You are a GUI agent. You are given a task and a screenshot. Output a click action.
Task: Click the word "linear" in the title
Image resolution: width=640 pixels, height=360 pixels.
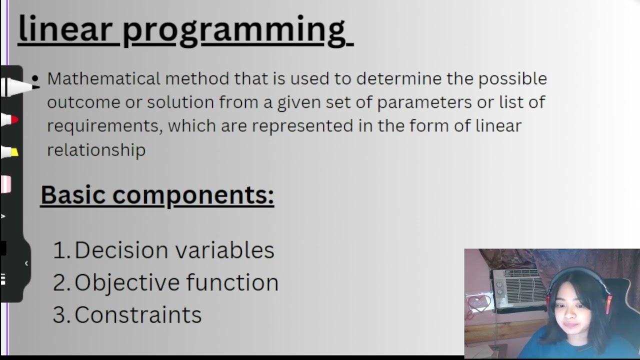(65, 29)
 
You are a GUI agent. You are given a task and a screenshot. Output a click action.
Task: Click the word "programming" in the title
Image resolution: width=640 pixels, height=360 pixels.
(234, 30)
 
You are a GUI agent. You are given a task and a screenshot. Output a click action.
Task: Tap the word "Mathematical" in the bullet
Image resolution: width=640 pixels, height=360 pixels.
(103, 78)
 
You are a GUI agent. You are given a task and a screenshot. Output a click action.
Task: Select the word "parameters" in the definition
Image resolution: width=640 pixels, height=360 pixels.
(424, 102)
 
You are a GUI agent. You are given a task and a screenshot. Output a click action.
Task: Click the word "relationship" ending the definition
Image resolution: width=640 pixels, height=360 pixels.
(96, 149)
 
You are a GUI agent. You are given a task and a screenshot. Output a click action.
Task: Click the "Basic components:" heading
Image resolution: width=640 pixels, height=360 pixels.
(157, 194)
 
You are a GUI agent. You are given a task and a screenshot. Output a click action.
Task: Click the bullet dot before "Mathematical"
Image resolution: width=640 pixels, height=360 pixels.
(35, 78)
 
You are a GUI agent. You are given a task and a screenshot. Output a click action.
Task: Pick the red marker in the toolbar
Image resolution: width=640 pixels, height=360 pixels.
(10, 120)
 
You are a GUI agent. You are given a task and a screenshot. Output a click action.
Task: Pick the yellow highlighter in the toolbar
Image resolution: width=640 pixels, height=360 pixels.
(10, 152)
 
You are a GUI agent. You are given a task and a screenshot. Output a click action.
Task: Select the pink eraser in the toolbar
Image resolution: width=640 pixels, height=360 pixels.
(6, 184)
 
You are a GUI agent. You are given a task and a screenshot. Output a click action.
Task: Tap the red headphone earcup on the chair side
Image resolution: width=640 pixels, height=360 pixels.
(608, 304)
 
